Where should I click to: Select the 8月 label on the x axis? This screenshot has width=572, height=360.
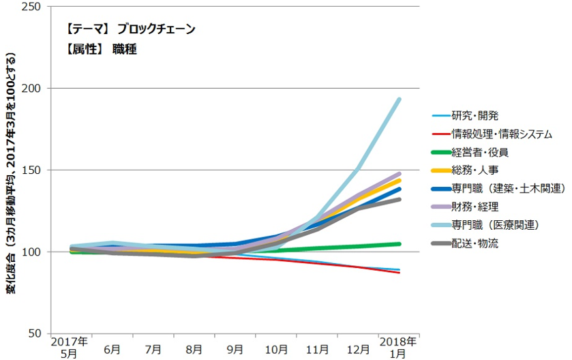(x=194, y=349)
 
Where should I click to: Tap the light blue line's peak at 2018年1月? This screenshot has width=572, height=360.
(x=399, y=100)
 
